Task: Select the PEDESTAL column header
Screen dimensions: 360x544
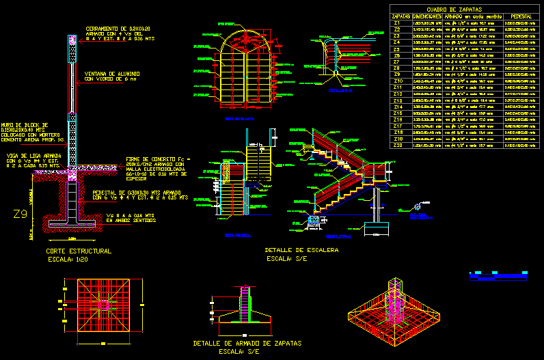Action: click(517, 16)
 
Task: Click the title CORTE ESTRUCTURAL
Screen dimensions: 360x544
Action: click(78, 251)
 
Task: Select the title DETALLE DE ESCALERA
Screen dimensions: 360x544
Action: click(301, 251)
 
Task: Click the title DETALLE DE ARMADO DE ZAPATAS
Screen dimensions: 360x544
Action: click(247, 343)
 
